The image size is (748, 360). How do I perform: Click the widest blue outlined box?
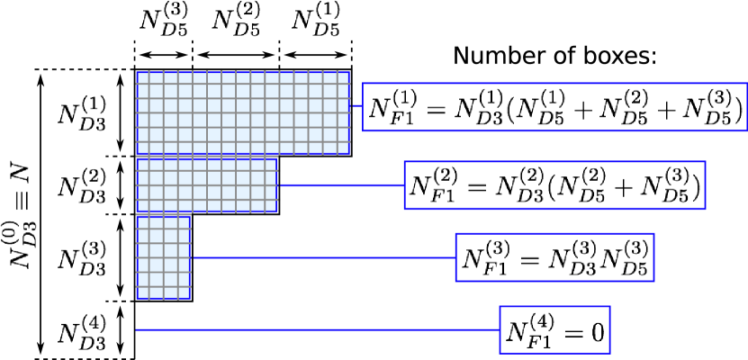554,107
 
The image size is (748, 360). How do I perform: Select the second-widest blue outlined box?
554,184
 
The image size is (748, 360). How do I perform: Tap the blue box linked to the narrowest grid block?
554,257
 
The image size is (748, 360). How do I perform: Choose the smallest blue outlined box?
554,329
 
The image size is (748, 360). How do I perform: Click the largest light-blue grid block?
243,112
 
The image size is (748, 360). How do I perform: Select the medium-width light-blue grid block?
206,185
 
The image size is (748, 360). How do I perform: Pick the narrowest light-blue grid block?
163,257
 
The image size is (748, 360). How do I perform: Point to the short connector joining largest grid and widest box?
356,105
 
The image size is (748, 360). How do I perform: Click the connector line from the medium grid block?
341,184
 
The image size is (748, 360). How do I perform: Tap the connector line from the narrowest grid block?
323,257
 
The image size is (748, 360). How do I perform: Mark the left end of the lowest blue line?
137,329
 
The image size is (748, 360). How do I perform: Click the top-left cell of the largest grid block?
143,78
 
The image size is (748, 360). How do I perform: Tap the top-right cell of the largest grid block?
344,78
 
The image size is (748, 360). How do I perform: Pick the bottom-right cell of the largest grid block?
344,148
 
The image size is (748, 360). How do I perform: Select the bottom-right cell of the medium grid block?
270,206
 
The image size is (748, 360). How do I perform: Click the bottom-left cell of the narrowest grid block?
143,292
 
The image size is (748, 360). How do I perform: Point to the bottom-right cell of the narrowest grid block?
184,292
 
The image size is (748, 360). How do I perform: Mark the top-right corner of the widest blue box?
746,84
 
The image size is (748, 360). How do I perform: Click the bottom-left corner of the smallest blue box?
500,352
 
